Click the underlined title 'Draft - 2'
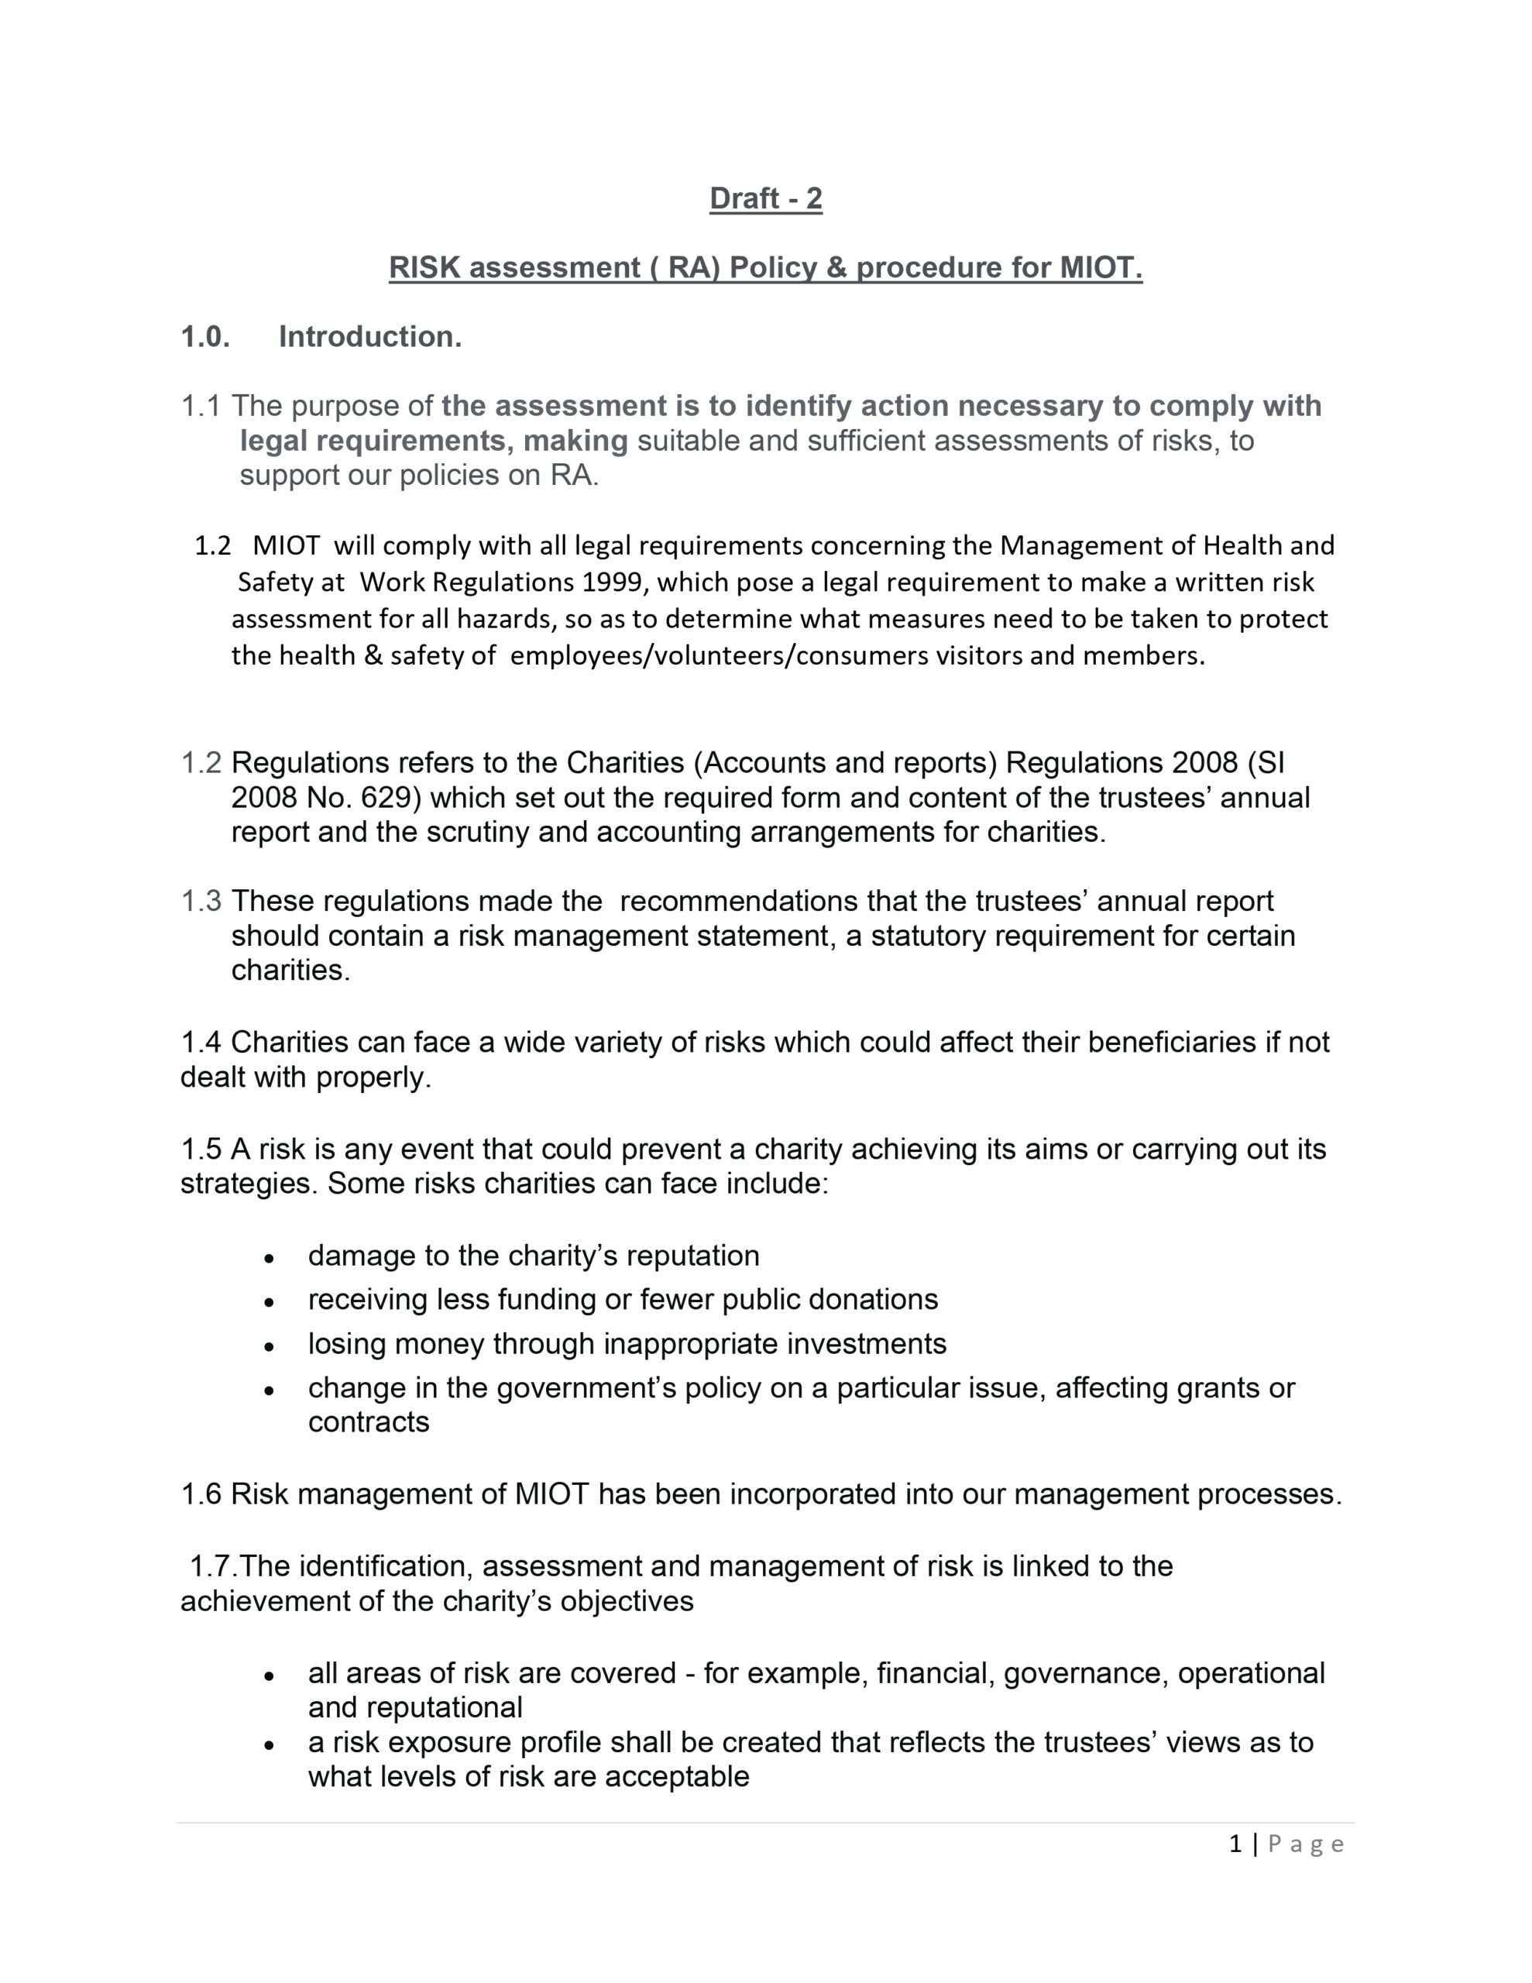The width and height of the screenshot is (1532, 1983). [765, 198]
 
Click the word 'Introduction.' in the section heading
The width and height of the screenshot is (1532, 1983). [369, 337]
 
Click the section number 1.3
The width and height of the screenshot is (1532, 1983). [201, 902]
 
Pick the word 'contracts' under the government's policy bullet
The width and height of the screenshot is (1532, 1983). [369, 1422]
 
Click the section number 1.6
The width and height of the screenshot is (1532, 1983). [201, 1494]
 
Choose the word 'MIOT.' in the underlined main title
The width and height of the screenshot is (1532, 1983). [1101, 268]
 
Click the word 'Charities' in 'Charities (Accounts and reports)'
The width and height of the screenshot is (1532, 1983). [626, 763]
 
